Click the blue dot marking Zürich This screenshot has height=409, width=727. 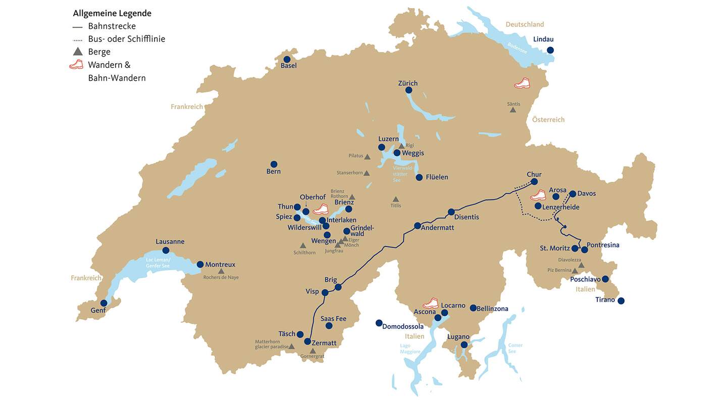(409, 90)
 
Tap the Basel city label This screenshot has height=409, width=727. (289, 66)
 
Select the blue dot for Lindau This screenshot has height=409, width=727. (550, 50)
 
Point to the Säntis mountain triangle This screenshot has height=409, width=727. (513, 110)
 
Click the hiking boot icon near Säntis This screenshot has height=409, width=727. (523, 83)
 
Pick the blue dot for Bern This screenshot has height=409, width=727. (274, 164)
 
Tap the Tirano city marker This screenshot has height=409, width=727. (621, 301)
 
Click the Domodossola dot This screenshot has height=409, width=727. (379, 323)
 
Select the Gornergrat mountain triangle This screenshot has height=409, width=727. (313, 351)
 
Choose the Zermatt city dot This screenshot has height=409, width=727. (307, 341)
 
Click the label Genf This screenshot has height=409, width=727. (98, 311)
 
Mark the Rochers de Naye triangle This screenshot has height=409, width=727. (221, 271)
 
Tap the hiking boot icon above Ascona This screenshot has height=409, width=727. (431, 303)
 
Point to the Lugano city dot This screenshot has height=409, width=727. (464, 345)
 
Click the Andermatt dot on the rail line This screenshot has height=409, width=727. (418, 226)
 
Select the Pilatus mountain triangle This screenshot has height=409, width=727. (368, 157)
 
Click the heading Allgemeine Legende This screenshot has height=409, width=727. (112, 13)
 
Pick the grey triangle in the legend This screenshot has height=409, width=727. (77, 52)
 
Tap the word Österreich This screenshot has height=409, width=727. (548, 120)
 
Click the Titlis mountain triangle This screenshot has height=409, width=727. (395, 199)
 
